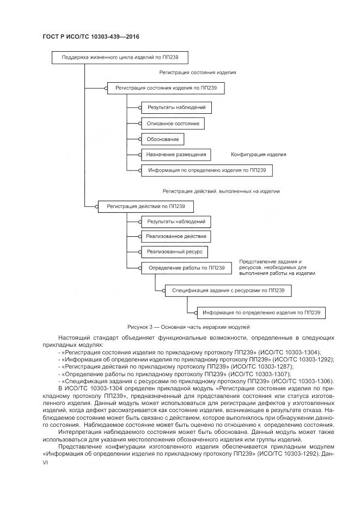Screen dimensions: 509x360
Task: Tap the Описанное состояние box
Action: (x=173, y=124)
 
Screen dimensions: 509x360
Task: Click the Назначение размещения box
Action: (x=175, y=155)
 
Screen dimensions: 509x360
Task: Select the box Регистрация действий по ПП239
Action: (x=145, y=206)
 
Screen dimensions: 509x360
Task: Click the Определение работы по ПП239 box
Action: (x=186, y=268)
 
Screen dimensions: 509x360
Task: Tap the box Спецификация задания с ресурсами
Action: (x=228, y=291)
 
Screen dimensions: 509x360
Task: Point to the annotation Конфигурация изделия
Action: (x=259, y=155)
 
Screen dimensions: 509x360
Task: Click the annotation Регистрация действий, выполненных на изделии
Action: (x=221, y=192)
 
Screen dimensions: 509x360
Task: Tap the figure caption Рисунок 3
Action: (x=188, y=328)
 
